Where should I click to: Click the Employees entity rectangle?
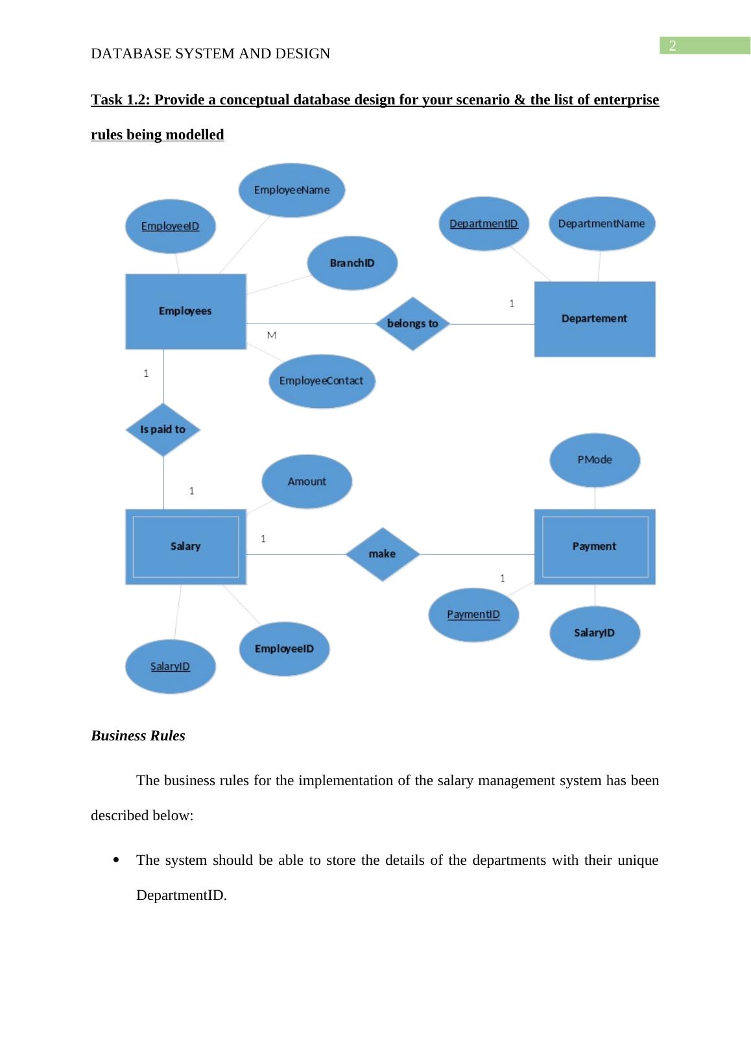pos(185,311)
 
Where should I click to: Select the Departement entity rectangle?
pos(594,318)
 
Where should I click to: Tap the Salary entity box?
pos(185,547)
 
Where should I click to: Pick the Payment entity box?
pos(594,547)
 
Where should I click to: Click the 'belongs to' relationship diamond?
pos(412,324)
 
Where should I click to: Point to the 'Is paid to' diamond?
pos(163,429)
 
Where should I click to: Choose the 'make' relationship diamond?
pos(382,554)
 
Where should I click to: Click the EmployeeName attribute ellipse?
pos(292,190)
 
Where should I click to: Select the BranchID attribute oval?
pos(352,263)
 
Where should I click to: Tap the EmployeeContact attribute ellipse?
pos(322,381)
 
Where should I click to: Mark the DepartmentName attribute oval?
pos(601,224)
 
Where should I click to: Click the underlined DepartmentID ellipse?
pos(484,224)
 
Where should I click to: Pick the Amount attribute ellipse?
pos(307,482)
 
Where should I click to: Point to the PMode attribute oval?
pos(595,460)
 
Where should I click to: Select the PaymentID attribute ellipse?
pos(473,615)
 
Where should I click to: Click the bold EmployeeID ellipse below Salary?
pos(284,649)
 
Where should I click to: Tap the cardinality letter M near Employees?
pos(272,335)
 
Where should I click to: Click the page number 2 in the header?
pos(673,45)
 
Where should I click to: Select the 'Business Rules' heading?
pos(138,736)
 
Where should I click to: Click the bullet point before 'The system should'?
pos(116,861)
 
